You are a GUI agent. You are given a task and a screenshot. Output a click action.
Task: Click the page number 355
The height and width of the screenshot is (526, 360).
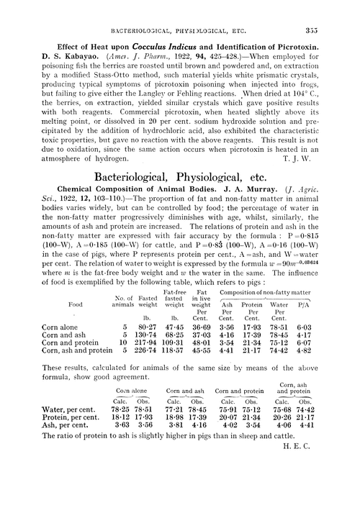click(338, 10)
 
